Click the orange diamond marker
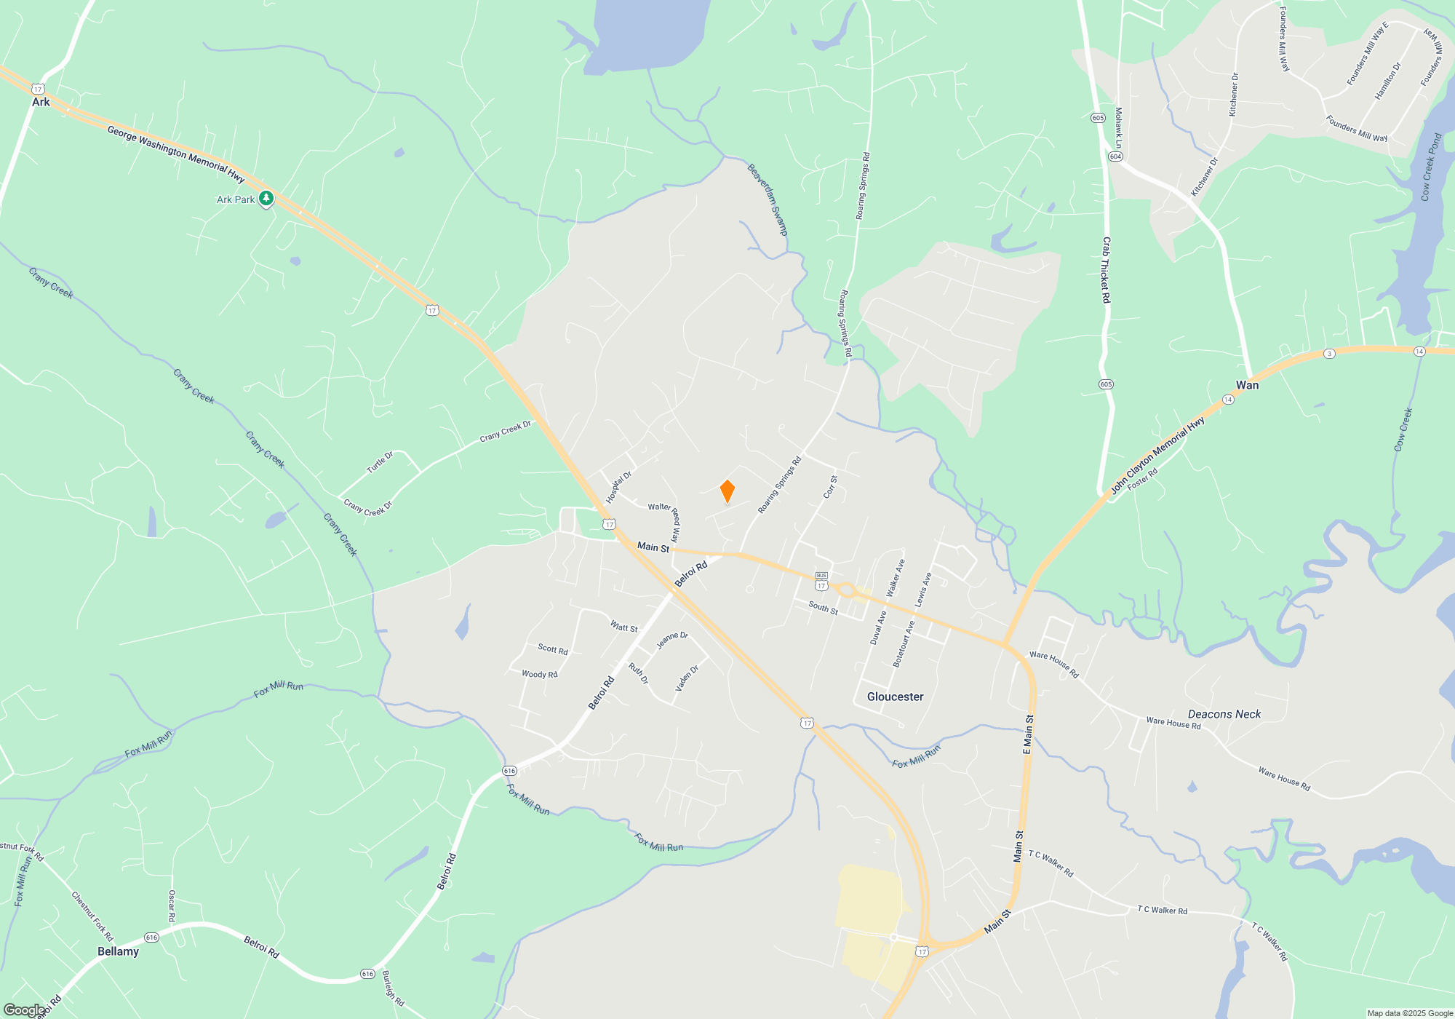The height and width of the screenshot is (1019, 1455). pyautogui.click(x=727, y=491)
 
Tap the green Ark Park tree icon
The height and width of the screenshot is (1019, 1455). pyautogui.click(x=266, y=198)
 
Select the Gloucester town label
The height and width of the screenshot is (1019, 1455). pyautogui.click(x=895, y=697)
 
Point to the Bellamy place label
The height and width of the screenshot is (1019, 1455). pyautogui.click(x=118, y=951)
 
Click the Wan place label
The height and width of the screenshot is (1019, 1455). pyautogui.click(x=1247, y=385)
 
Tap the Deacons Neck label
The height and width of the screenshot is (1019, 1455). pyautogui.click(x=1224, y=714)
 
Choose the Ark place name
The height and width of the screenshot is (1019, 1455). pyautogui.click(x=41, y=102)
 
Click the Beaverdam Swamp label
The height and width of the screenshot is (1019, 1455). pyautogui.click(x=768, y=199)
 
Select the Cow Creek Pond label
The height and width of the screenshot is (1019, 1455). pyautogui.click(x=1430, y=167)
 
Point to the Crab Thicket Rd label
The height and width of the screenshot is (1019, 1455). pyautogui.click(x=1106, y=270)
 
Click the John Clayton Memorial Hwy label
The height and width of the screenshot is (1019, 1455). pyautogui.click(x=1157, y=456)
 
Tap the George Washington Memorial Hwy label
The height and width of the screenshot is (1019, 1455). pyautogui.click(x=176, y=154)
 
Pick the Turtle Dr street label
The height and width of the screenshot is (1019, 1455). pyautogui.click(x=380, y=462)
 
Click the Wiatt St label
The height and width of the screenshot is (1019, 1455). pyautogui.click(x=623, y=627)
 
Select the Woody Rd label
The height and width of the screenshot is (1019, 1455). pyautogui.click(x=539, y=674)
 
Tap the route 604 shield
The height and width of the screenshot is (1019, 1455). pyautogui.click(x=1116, y=156)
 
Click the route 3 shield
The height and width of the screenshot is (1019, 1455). pyautogui.click(x=1329, y=354)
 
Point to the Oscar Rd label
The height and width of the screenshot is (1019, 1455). pyautogui.click(x=172, y=905)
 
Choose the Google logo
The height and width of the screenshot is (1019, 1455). pyautogui.click(x=25, y=1010)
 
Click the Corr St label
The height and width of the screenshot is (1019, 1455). pyautogui.click(x=830, y=487)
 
